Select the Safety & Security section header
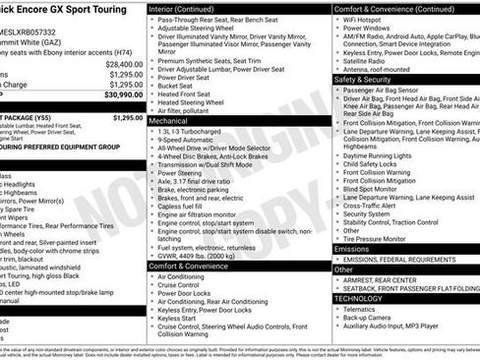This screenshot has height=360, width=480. coord(363,79)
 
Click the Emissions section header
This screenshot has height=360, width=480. coord(352,250)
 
